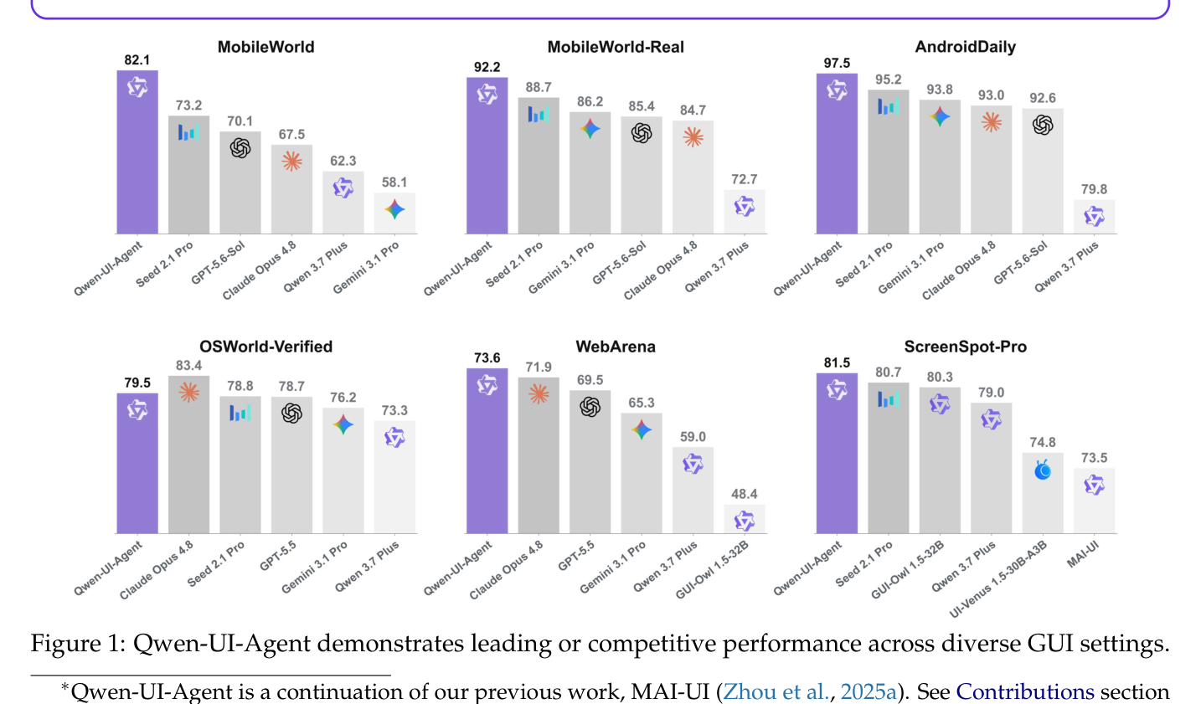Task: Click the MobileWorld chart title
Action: pyautogui.click(x=266, y=47)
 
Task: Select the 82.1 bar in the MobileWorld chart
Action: pyautogui.click(x=137, y=152)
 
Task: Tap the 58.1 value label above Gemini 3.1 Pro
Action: pyautogui.click(x=394, y=182)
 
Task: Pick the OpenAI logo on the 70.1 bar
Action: pyautogui.click(x=240, y=148)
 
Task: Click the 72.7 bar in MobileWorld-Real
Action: pyautogui.click(x=745, y=212)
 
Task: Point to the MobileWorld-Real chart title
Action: pyautogui.click(x=616, y=47)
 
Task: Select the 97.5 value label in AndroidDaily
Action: pyautogui.click(x=837, y=64)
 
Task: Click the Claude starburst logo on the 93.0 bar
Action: pyautogui.click(x=991, y=122)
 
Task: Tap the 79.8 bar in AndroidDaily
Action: pyautogui.click(x=1094, y=217)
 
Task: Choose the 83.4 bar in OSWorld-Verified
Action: pyautogui.click(x=188, y=455)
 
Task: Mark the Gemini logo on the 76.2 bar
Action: pyautogui.click(x=343, y=425)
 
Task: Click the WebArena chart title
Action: pyautogui.click(x=616, y=347)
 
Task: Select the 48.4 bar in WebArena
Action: pyautogui.click(x=745, y=519)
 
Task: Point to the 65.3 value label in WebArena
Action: pyautogui.click(x=642, y=403)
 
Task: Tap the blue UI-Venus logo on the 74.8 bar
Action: pyautogui.click(x=1043, y=470)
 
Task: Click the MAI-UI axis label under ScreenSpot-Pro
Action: pyautogui.click(x=1083, y=554)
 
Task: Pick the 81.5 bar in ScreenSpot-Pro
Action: pyautogui.click(x=837, y=453)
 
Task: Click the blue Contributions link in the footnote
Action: pyautogui.click(x=1024, y=691)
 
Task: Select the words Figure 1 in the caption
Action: pyautogui.click(x=77, y=643)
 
